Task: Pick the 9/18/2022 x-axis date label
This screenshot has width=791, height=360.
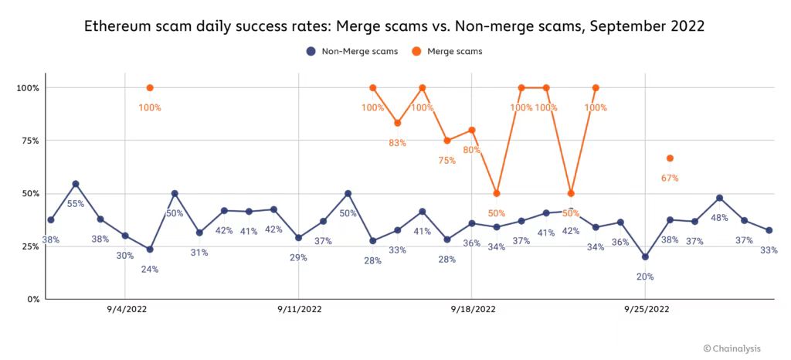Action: tap(472, 310)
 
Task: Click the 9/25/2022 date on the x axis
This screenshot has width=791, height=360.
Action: tap(645, 310)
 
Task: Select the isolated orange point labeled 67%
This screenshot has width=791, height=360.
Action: tap(670, 158)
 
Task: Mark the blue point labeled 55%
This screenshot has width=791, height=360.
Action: tap(76, 184)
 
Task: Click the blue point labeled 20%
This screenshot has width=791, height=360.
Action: tap(645, 257)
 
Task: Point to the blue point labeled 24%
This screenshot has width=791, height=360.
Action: tap(150, 250)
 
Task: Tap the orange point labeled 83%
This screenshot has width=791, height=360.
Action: tap(398, 123)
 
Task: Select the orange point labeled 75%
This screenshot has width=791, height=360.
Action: tap(447, 141)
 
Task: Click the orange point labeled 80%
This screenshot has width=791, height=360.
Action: tap(472, 130)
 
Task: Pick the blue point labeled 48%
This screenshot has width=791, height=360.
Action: tap(719, 198)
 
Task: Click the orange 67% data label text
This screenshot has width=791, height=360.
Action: tap(670, 178)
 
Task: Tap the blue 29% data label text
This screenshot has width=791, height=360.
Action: tap(298, 257)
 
